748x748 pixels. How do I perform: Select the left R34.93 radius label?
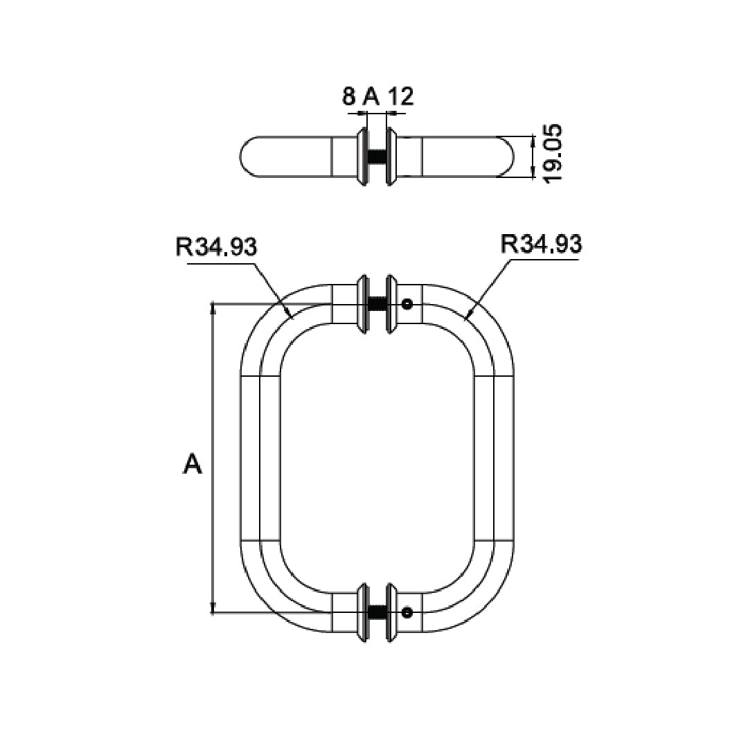(x=217, y=246)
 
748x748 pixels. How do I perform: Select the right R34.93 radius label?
(x=541, y=244)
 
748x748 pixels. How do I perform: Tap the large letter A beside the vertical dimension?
(x=192, y=464)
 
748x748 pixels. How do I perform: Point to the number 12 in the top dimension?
(x=400, y=96)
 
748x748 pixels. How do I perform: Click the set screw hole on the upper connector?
(x=407, y=303)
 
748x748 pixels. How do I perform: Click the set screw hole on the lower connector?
(x=407, y=612)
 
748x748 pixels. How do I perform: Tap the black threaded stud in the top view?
(x=377, y=157)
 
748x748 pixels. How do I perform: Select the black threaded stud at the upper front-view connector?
(x=377, y=303)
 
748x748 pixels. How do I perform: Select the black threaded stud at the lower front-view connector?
(x=377, y=612)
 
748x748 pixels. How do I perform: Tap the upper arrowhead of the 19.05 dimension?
(x=532, y=141)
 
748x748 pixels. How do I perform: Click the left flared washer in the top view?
(x=362, y=157)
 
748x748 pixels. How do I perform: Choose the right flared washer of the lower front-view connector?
(x=392, y=612)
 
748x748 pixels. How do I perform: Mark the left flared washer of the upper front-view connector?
(x=362, y=303)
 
